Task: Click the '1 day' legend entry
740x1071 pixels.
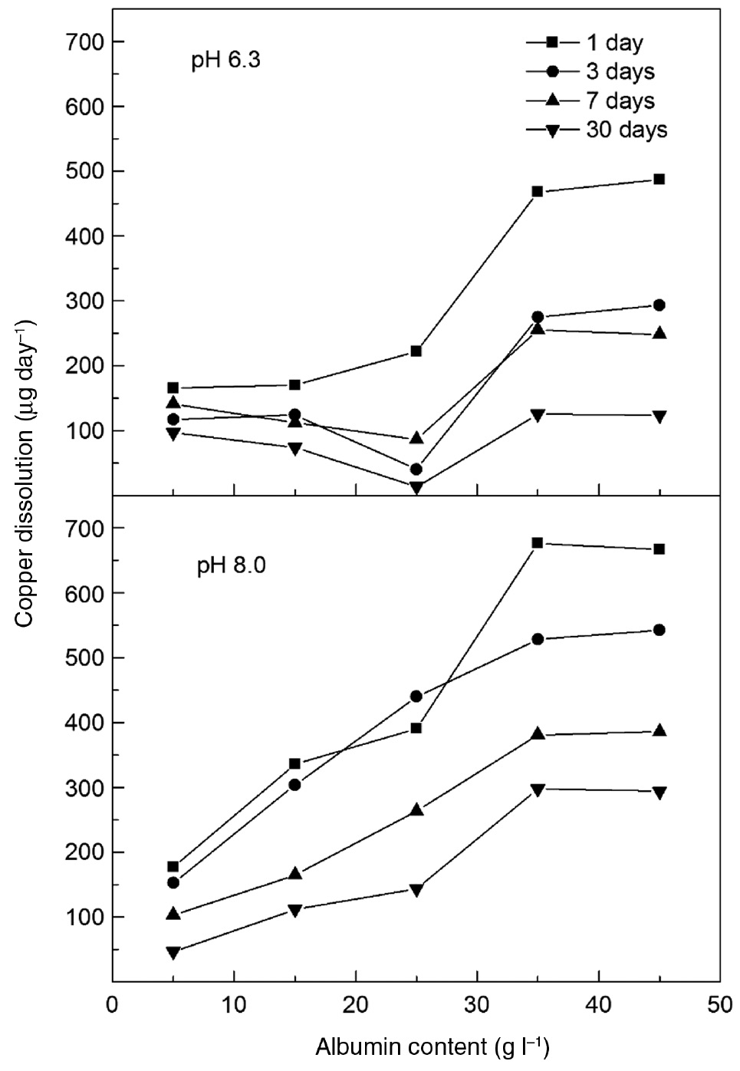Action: point(613,43)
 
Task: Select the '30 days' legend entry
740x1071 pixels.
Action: point(627,130)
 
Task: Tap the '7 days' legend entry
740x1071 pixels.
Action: point(620,101)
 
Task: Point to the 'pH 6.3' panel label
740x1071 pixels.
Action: point(226,61)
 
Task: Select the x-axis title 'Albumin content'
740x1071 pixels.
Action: point(432,1046)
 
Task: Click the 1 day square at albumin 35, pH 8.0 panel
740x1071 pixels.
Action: point(538,543)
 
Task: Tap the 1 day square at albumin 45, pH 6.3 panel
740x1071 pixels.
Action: point(659,180)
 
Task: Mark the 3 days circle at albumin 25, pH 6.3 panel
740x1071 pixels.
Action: point(416,469)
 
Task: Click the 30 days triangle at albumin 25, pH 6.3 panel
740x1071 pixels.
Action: point(416,487)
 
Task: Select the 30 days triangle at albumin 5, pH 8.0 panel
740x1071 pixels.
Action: point(173,952)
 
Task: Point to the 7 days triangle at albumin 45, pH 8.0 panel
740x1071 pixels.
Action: point(659,730)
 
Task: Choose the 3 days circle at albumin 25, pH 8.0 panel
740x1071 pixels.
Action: point(416,697)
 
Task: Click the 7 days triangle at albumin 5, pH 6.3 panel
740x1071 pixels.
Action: point(173,403)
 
